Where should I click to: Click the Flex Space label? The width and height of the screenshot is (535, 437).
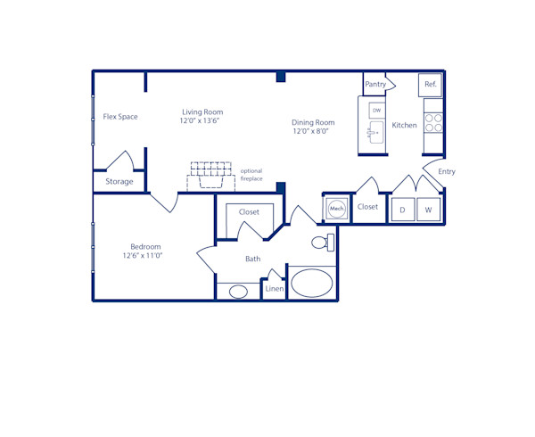click(x=120, y=116)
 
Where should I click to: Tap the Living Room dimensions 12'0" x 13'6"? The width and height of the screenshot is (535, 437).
click(x=200, y=120)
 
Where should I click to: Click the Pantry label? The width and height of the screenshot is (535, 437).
click(x=375, y=85)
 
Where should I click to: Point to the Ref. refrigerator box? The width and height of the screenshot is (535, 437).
click(x=431, y=85)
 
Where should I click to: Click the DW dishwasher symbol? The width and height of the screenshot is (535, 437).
click(x=376, y=110)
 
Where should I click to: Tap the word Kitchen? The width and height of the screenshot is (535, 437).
click(x=404, y=125)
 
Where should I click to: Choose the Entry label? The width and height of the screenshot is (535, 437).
click(x=447, y=171)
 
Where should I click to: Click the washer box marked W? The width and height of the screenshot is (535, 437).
click(x=429, y=210)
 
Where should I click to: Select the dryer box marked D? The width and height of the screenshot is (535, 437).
click(x=402, y=210)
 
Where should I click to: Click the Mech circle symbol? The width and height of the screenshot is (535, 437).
click(x=336, y=209)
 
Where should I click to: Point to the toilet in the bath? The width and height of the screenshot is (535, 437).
click(x=323, y=242)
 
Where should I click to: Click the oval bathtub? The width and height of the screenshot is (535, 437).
click(x=311, y=284)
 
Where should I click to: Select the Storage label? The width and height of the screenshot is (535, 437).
click(x=119, y=181)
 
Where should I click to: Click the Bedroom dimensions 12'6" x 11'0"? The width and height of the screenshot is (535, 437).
click(x=143, y=255)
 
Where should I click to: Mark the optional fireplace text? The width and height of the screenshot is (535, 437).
click(x=251, y=175)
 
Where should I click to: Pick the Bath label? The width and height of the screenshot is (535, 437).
click(x=253, y=259)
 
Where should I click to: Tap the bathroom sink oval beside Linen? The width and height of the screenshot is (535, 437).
click(x=238, y=291)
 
